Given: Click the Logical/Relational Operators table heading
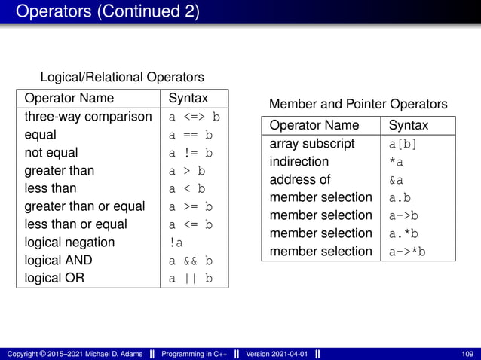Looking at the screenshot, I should [121, 77].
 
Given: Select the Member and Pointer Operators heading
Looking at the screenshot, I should [358, 104].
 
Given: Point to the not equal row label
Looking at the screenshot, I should [52, 154].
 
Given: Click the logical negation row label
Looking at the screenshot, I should [69, 243].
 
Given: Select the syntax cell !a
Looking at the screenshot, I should [176, 243].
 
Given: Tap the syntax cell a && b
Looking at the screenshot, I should [190, 261].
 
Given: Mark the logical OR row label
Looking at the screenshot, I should [54, 277].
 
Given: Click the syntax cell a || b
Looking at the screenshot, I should [190, 279].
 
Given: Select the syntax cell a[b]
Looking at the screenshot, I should [403, 144].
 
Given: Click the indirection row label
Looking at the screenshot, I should [299, 161].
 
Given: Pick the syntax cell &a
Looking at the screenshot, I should [396, 180].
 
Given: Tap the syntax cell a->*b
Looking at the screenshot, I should [407, 252].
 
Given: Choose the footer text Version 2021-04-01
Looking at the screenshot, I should [276, 353].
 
